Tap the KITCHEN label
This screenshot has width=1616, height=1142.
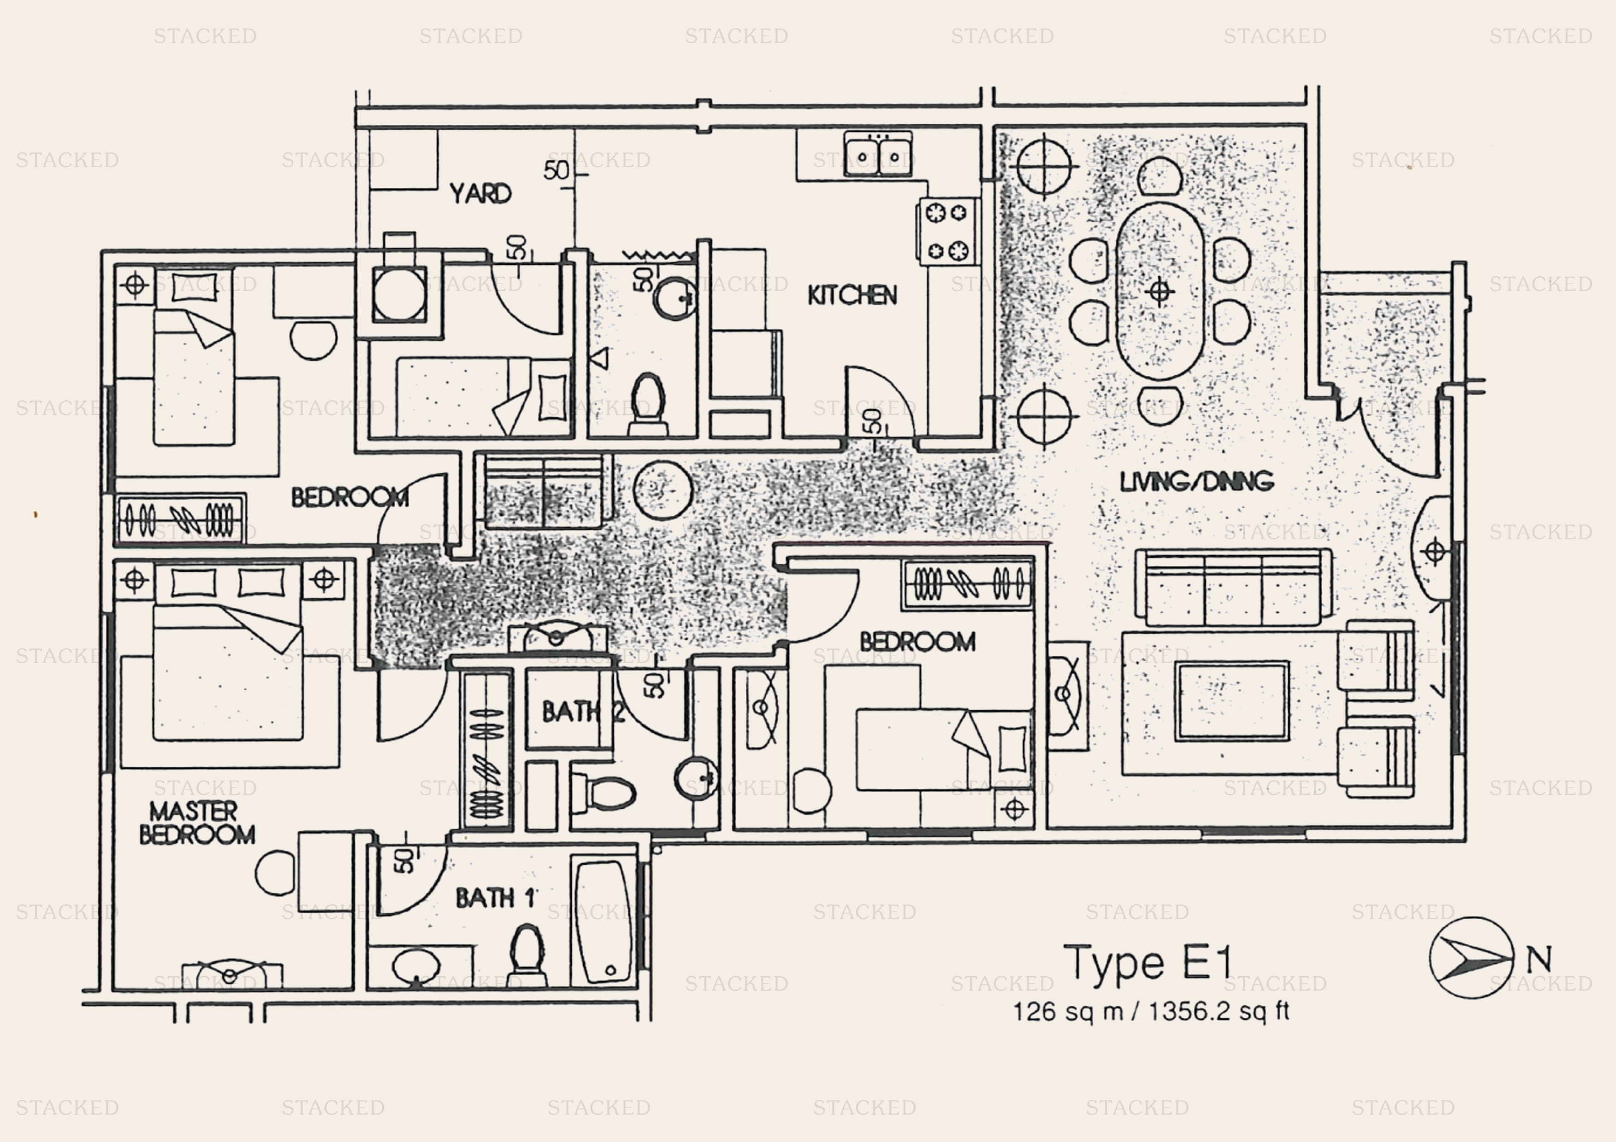[x=852, y=295]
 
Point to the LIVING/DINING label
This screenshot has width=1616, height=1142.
[x=1196, y=481]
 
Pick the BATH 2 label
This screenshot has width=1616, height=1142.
[x=583, y=712]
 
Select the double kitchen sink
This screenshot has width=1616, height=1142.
[x=878, y=155]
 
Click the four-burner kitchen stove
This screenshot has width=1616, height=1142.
[x=948, y=231]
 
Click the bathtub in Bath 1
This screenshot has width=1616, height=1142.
[x=604, y=921]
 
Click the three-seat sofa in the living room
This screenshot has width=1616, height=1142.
[x=1234, y=588]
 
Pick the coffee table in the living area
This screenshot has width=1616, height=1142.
[x=1232, y=701]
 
